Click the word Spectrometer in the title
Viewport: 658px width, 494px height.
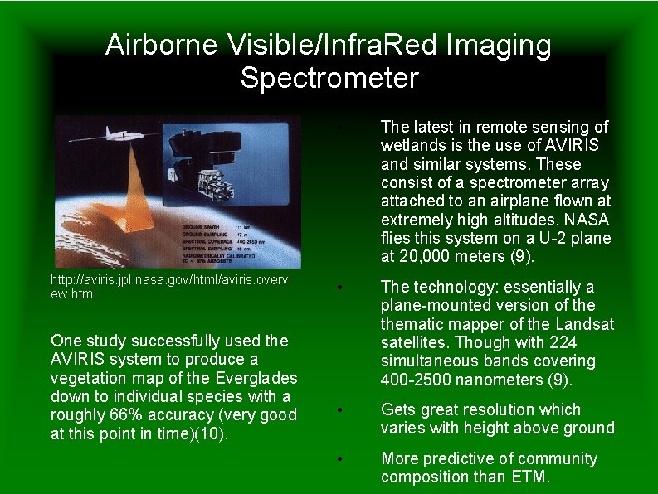coord(329,78)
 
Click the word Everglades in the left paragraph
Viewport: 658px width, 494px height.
coord(248,379)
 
